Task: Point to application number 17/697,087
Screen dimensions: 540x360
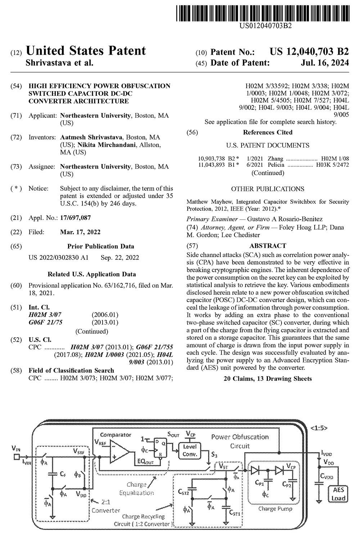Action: pos(75,217)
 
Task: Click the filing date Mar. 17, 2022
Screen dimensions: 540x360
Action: pos(80,232)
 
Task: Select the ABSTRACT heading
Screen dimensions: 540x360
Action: pos(267,246)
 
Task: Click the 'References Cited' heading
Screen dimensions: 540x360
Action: pos(267,132)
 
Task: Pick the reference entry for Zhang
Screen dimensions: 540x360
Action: pos(274,158)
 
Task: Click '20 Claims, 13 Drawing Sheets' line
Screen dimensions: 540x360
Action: pos(267,378)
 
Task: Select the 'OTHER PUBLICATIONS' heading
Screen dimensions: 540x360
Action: pos(267,189)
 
